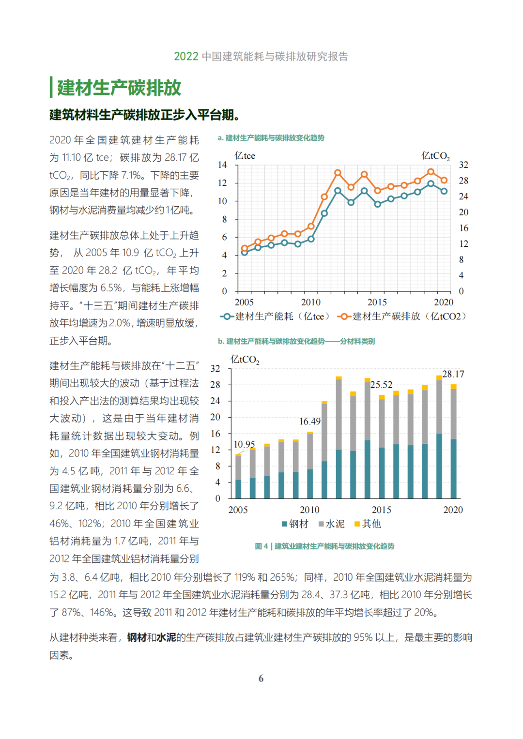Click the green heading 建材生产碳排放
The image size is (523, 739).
119,88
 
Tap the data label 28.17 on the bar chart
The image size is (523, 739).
453,374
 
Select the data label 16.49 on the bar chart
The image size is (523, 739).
310,422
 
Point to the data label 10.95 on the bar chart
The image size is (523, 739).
245,444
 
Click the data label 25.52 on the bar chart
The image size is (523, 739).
382,385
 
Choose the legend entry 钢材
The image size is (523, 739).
295,524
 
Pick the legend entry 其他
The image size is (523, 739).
368,524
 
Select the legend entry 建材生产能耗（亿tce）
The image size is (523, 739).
275,317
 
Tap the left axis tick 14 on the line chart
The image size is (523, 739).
223,165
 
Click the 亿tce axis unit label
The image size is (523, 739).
245,156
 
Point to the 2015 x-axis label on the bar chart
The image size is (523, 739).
382,510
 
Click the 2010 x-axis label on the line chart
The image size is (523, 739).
311,302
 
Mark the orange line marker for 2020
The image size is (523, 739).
444,180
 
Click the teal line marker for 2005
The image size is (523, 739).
245,252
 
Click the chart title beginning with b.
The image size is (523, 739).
296,341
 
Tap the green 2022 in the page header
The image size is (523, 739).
186,57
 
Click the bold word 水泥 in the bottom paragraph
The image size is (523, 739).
166,637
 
